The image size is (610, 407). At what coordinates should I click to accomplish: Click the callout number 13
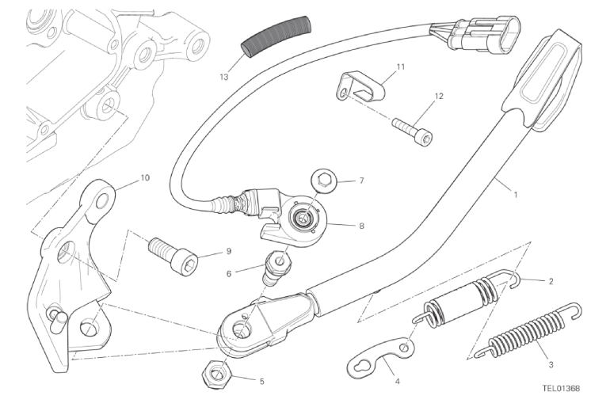click(x=224, y=77)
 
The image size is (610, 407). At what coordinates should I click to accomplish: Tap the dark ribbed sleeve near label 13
click(x=276, y=37)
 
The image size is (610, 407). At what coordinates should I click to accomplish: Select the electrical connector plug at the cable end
click(x=475, y=34)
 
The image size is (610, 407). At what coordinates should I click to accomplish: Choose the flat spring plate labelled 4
click(x=381, y=355)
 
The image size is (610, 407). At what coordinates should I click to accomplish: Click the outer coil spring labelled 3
click(x=529, y=330)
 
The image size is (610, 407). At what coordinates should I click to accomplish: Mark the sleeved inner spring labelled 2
click(x=467, y=299)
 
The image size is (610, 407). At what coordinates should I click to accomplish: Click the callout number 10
click(x=145, y=178)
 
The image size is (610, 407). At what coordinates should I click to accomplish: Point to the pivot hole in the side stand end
click(x=242, y=329)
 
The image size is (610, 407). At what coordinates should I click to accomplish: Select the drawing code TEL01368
click(x=561, y=388)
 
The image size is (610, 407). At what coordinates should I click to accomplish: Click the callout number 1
click(x=516, y=195)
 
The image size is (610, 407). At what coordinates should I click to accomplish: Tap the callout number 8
click(x=361, y=226)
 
